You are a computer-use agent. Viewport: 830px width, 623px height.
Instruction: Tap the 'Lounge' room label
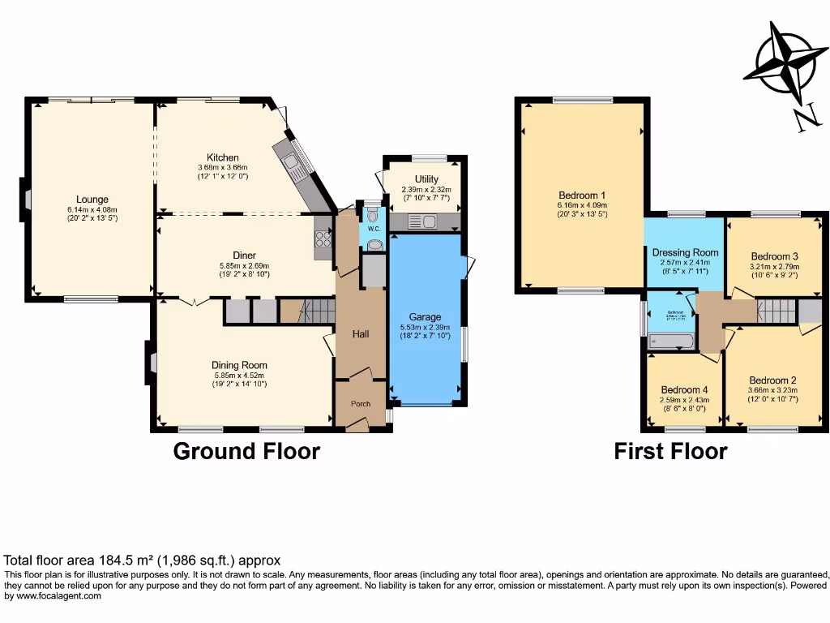pos(92,199)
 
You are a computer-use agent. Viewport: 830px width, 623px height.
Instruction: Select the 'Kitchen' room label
pos(222,157)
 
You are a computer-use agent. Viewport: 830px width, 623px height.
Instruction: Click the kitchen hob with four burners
pos(323,238)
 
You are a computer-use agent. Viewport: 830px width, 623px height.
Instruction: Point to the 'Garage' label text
pos(425,316)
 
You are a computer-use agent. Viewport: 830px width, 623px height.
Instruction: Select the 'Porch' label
pos(360,404)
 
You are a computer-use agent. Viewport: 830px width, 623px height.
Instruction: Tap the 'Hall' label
pos(361,333)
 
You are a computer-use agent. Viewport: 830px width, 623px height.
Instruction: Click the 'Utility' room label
pos(426,178)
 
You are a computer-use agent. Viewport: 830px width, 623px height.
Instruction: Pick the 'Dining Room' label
pos(239,365)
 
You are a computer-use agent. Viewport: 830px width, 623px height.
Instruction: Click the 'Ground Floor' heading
pos(246,451)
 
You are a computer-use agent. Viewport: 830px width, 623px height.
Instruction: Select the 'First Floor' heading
pos(670,451)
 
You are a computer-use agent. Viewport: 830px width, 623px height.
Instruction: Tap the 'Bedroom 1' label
pos(582,195)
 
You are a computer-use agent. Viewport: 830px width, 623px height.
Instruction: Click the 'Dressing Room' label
pos(685,252)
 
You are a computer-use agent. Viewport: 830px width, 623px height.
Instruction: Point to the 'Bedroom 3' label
pos(774,256)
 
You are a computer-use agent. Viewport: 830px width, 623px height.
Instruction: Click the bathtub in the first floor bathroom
pos(672,342)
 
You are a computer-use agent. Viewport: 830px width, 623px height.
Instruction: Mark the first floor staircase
pos(777,311)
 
